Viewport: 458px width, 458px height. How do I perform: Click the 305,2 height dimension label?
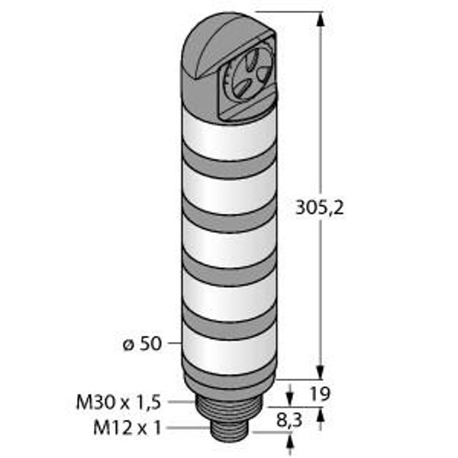320,208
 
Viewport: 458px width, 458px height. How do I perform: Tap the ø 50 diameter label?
142,343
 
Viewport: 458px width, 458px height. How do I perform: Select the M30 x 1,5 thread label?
118,402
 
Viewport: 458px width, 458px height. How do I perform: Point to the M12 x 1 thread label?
127,428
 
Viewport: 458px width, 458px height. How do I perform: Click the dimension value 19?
320,394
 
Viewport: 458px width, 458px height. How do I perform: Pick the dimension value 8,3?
289,421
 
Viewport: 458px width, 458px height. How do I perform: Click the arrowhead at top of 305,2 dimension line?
321,21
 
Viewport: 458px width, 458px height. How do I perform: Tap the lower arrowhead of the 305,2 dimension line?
321,372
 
